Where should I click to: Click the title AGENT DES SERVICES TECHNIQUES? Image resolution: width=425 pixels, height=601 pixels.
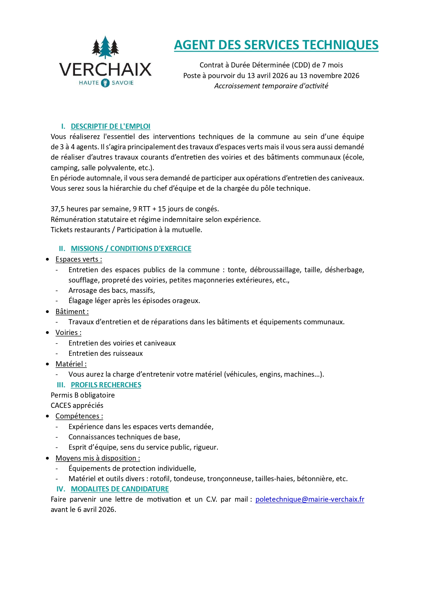[276, 45]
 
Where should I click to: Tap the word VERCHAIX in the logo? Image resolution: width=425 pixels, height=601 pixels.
[105, 70]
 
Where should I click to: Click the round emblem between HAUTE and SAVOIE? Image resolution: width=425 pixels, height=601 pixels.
[105, 83]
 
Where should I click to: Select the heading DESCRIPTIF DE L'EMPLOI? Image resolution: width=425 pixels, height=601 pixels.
[110, 126]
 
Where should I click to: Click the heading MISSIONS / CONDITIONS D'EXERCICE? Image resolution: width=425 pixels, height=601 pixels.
[131, 249]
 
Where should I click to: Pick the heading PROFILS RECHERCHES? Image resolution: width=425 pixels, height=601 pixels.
[106, 385]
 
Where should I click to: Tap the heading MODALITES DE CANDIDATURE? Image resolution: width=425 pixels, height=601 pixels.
[120, 489]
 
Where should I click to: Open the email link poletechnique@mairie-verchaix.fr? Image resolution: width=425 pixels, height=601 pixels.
[310, 499]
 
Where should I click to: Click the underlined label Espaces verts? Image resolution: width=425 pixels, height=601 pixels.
[78, 259]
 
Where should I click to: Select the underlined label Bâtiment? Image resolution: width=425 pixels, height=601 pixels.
[72, 312]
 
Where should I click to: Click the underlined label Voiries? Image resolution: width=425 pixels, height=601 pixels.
[68, 333]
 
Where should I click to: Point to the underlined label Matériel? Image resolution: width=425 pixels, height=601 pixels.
[71, 364]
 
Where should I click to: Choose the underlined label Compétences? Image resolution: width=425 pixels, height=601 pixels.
[79, 416]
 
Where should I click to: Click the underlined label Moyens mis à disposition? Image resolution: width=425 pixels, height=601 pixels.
[98, 458]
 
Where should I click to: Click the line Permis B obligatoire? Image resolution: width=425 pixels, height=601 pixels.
[83, 395]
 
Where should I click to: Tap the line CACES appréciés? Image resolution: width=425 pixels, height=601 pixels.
[77, 405]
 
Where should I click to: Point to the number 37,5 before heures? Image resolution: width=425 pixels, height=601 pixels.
[58, 209]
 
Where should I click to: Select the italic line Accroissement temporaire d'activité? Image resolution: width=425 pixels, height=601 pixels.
[271, 86]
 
